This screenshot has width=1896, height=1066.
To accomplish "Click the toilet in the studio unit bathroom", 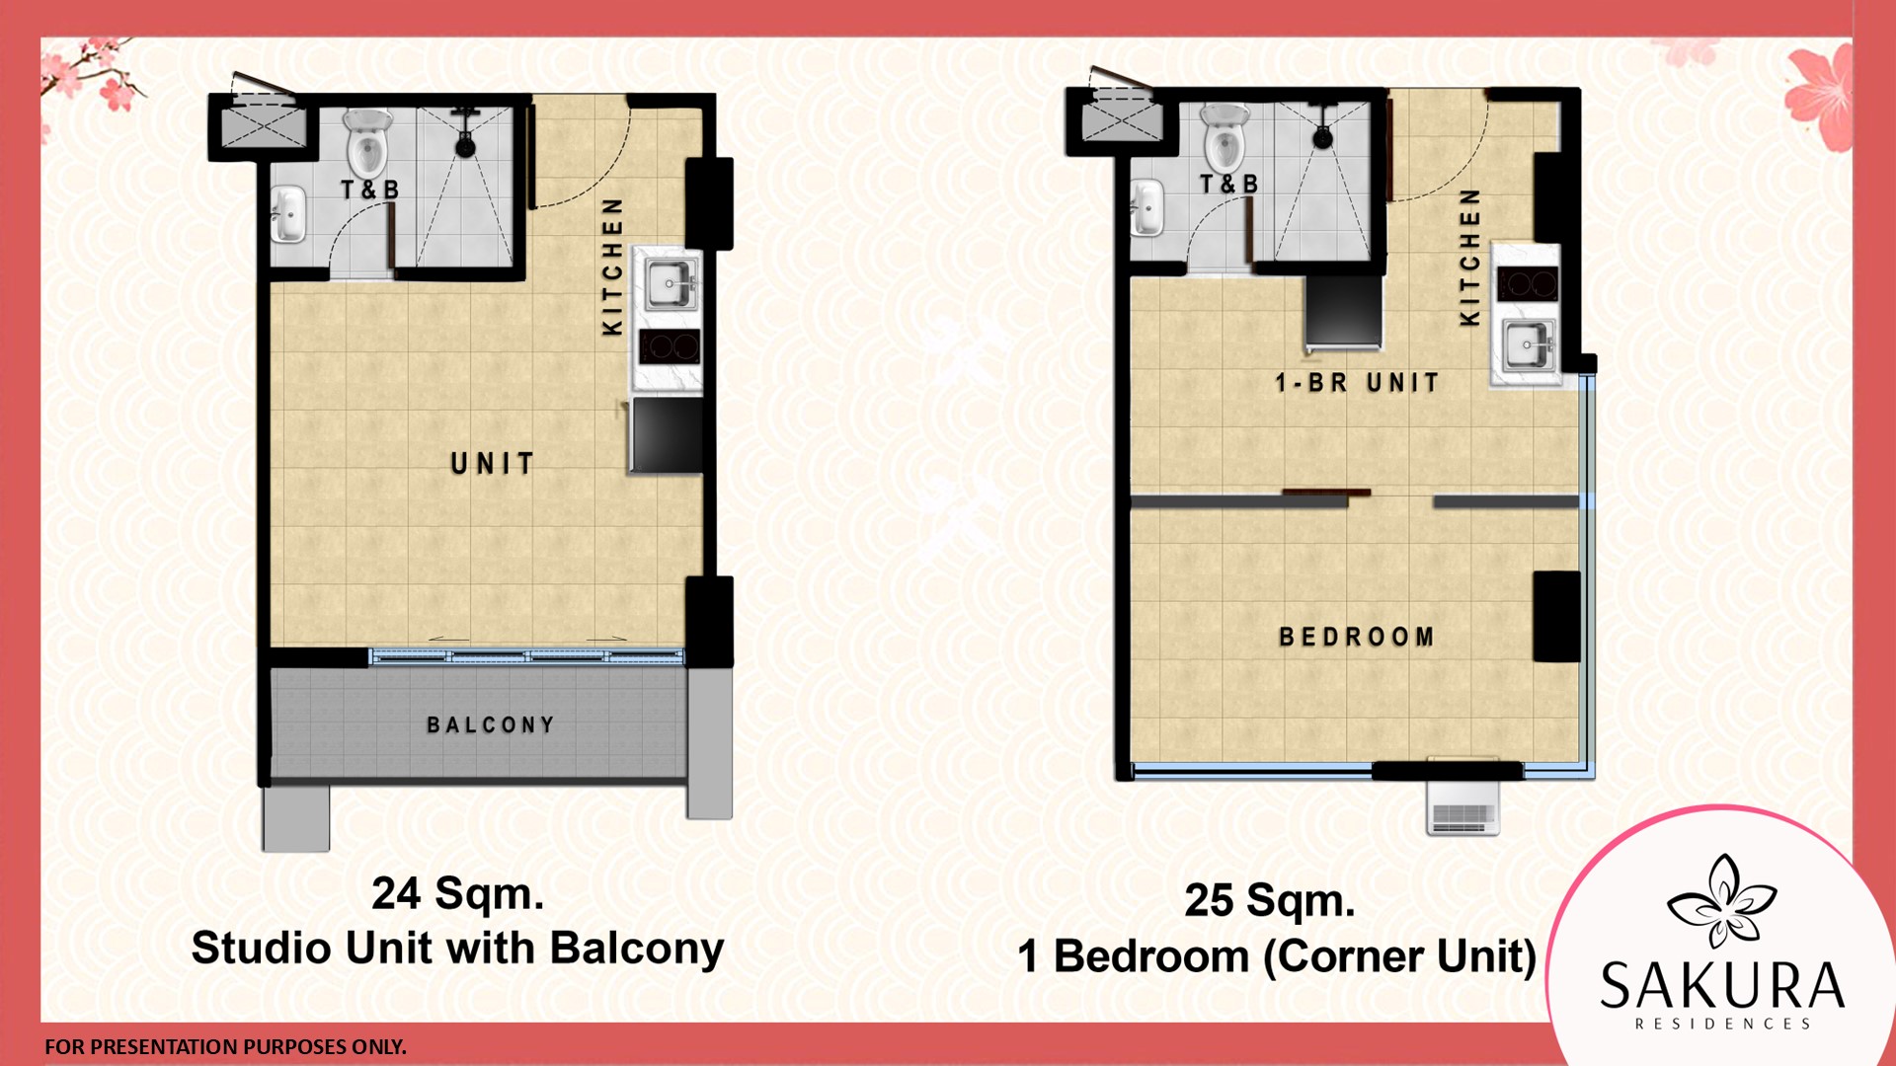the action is [x=367, y=140].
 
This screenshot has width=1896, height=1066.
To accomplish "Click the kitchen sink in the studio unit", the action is [x=671, y=284].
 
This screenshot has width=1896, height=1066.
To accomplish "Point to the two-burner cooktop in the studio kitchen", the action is [x=670, y=347].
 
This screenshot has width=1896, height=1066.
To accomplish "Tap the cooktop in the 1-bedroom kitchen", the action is [x=1527, y=284].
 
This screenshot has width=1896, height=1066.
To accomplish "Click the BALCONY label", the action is [x=490, y=725].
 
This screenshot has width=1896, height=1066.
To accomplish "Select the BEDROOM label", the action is [x=1356, y=637].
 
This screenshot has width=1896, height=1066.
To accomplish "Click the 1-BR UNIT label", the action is [x=1357, y=382].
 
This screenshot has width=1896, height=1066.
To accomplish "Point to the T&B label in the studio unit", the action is [x=370, y=190].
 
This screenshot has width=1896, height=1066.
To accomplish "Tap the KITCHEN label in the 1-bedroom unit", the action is [x=1470, y=257].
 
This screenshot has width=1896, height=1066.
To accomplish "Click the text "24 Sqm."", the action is [x=457, y=893].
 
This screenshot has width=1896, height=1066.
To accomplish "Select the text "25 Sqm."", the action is [x=1270, y=900].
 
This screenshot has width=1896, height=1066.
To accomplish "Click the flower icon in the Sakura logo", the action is [x=1722, y=900].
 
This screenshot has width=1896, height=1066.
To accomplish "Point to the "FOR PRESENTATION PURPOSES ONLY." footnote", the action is [x=225, y=1047].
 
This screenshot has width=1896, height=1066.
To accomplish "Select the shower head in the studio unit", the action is [x=464, y=135].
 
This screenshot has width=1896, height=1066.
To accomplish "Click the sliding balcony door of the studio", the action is [x=526, y=655].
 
